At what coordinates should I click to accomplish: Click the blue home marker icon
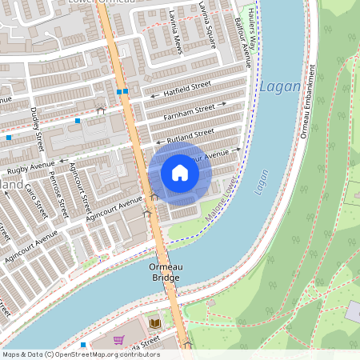point(180,173)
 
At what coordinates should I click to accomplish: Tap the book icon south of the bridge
point(155,323)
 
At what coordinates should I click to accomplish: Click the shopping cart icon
point(118,339)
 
